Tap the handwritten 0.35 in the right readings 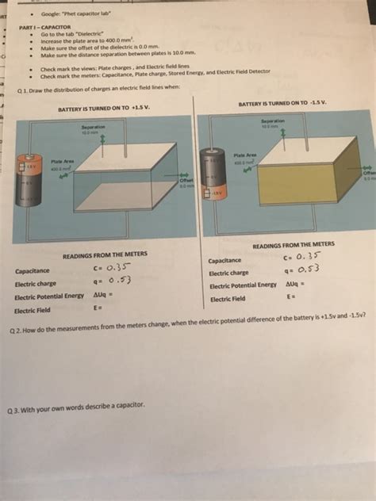(306, 255)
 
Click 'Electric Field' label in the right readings (228, 299)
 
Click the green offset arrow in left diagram (184, 175)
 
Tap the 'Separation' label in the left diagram (94, 126)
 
